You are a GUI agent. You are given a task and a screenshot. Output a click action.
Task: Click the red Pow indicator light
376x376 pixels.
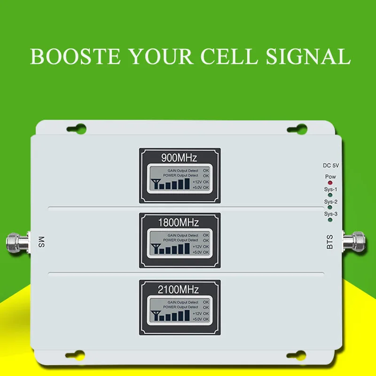coord(330,183)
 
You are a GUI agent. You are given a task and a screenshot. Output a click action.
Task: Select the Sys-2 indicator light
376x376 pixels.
coord(330,207)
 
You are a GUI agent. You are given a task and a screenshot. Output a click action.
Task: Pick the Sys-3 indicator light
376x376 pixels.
coord(330,219)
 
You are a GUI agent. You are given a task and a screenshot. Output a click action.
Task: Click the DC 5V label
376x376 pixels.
coord(330,165)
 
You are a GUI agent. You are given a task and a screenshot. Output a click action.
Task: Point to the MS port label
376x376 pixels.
coord(41,241)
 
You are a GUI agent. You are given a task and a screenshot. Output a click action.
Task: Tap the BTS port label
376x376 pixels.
coord(330,242)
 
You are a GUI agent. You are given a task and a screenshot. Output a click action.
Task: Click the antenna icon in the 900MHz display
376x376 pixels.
coord(153,184)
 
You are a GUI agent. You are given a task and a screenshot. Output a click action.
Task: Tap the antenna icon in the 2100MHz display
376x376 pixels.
coord(153,316)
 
